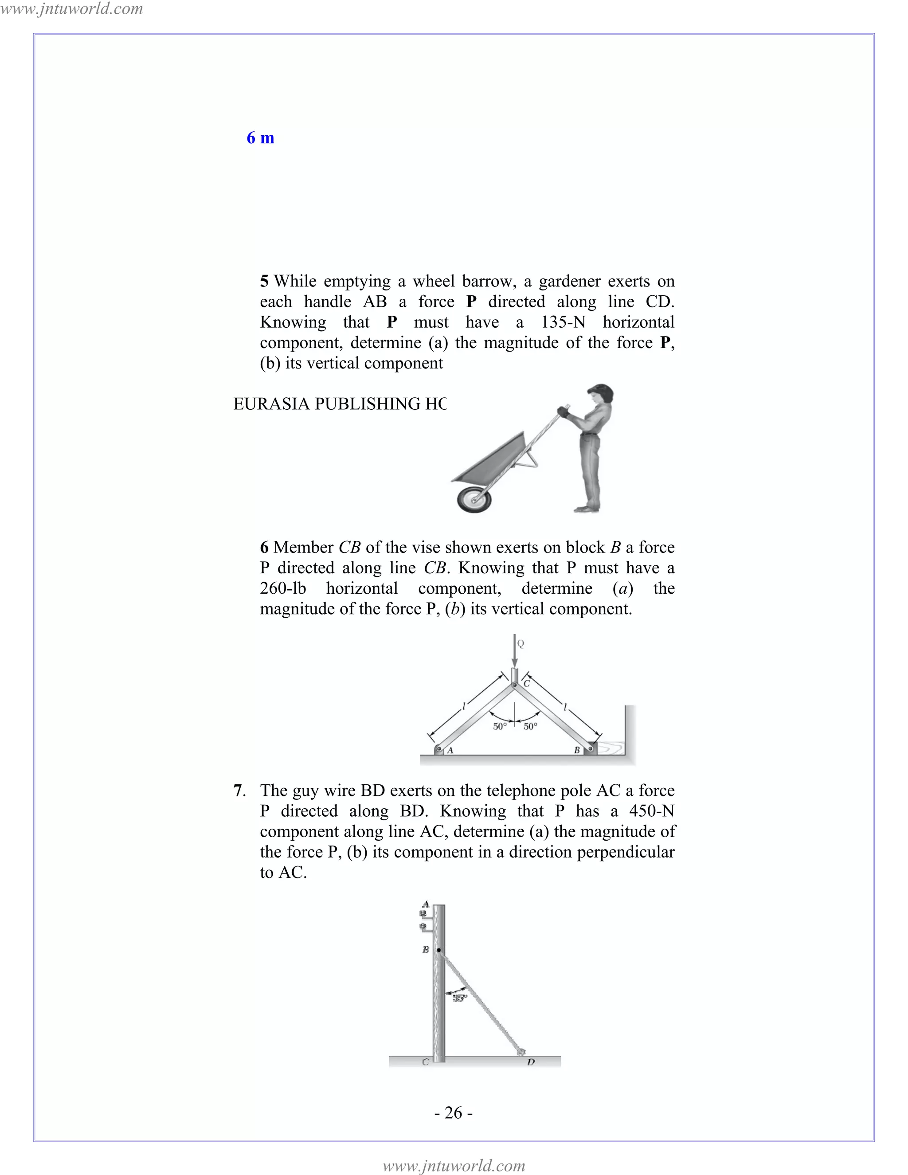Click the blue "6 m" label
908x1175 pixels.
[x=260, y=138]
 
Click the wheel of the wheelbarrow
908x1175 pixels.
[x=474, y=499]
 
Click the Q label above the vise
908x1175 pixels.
[x=521, y=643]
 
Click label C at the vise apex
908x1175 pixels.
[x=527, y=684]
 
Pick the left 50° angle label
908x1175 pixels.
[x=500, y=727]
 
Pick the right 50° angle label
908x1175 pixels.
[x=530, y=727]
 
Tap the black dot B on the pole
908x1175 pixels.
[x=439, y=951]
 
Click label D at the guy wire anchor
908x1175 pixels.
[x=531, y=1062]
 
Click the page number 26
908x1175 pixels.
[x=454, y=1112]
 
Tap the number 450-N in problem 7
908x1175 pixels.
[x=651, y=811]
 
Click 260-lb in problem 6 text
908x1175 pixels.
[x=283, y=588]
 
